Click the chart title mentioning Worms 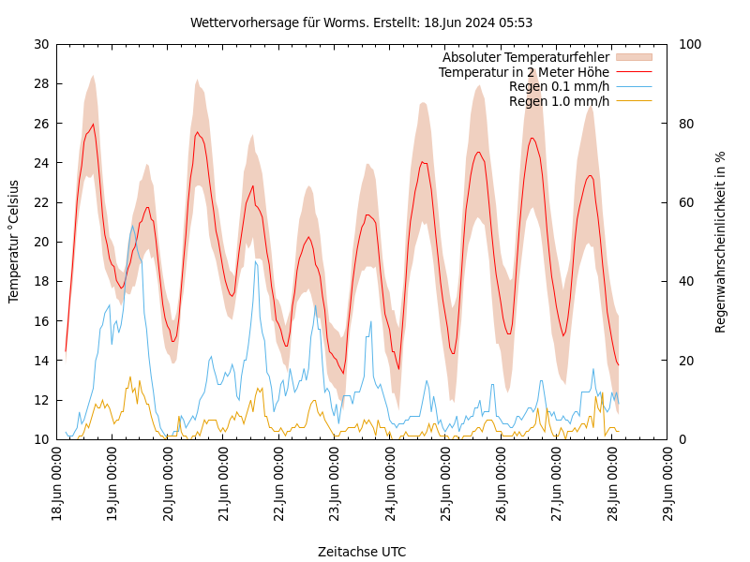coord(361,22)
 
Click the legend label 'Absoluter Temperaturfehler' coord(525,57)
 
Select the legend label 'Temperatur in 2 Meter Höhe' coord(523,72)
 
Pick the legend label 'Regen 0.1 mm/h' coord(559,86)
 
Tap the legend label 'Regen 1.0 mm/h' coord(559,101)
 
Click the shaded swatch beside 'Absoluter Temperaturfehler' coord(633,57)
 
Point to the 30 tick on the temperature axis coord(40,44)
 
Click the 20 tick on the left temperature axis coord(40,242)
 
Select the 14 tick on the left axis coord(40,361)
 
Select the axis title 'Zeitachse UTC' coord(362,552)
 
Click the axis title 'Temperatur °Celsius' coord(14,242)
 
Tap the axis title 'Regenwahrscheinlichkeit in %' coord(720,242)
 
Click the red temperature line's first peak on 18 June coord(93,125)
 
